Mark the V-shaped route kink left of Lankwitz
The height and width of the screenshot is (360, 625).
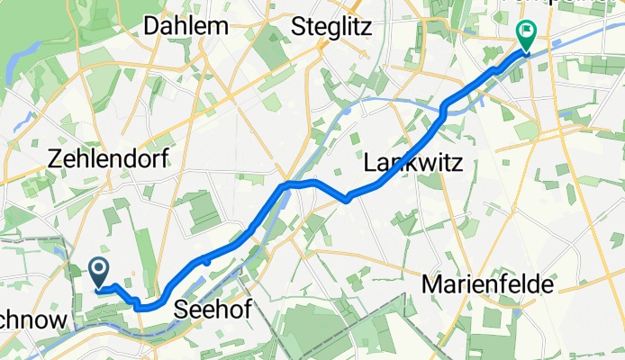(x=347, y=200)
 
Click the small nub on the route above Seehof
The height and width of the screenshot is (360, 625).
(x=206, y=259)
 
